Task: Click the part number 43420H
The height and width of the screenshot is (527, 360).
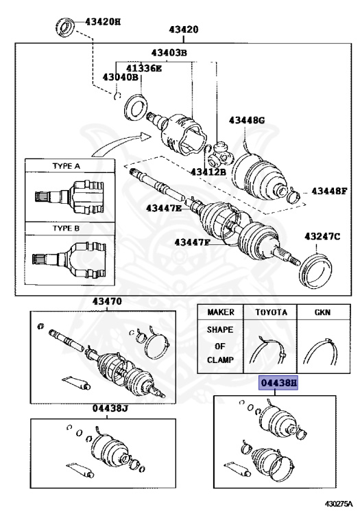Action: (x=104, y=21)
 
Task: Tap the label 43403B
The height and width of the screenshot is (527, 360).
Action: (x=169, y=53)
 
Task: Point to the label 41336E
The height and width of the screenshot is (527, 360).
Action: (x=143, y=67)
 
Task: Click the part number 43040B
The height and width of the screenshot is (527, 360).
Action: (x=121, y=78)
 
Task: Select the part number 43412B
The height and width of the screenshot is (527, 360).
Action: (x=208, y=172)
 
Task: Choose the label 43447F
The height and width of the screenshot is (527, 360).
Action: (x=193, y=242)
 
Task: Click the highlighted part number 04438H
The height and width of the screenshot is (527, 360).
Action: (x=278, y=384)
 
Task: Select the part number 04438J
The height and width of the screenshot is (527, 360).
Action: (x=110, y=408)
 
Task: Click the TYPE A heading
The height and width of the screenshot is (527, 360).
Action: (x=67, y=165)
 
